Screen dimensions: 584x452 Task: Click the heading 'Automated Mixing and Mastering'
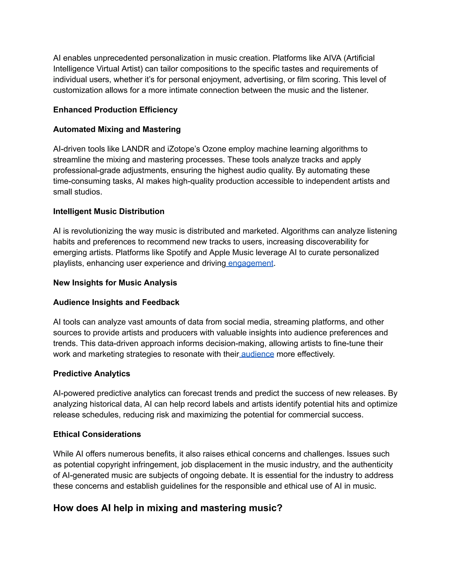pyautogui.click(x=117, y=129)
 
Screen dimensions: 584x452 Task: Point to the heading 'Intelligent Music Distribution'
pyautogui.click(x=109, y=211)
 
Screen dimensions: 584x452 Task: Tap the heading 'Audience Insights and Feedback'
pyautogui.click(x=116, y=302)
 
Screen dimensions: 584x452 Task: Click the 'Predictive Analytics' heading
pyautogui.click(x=92, y=374)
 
